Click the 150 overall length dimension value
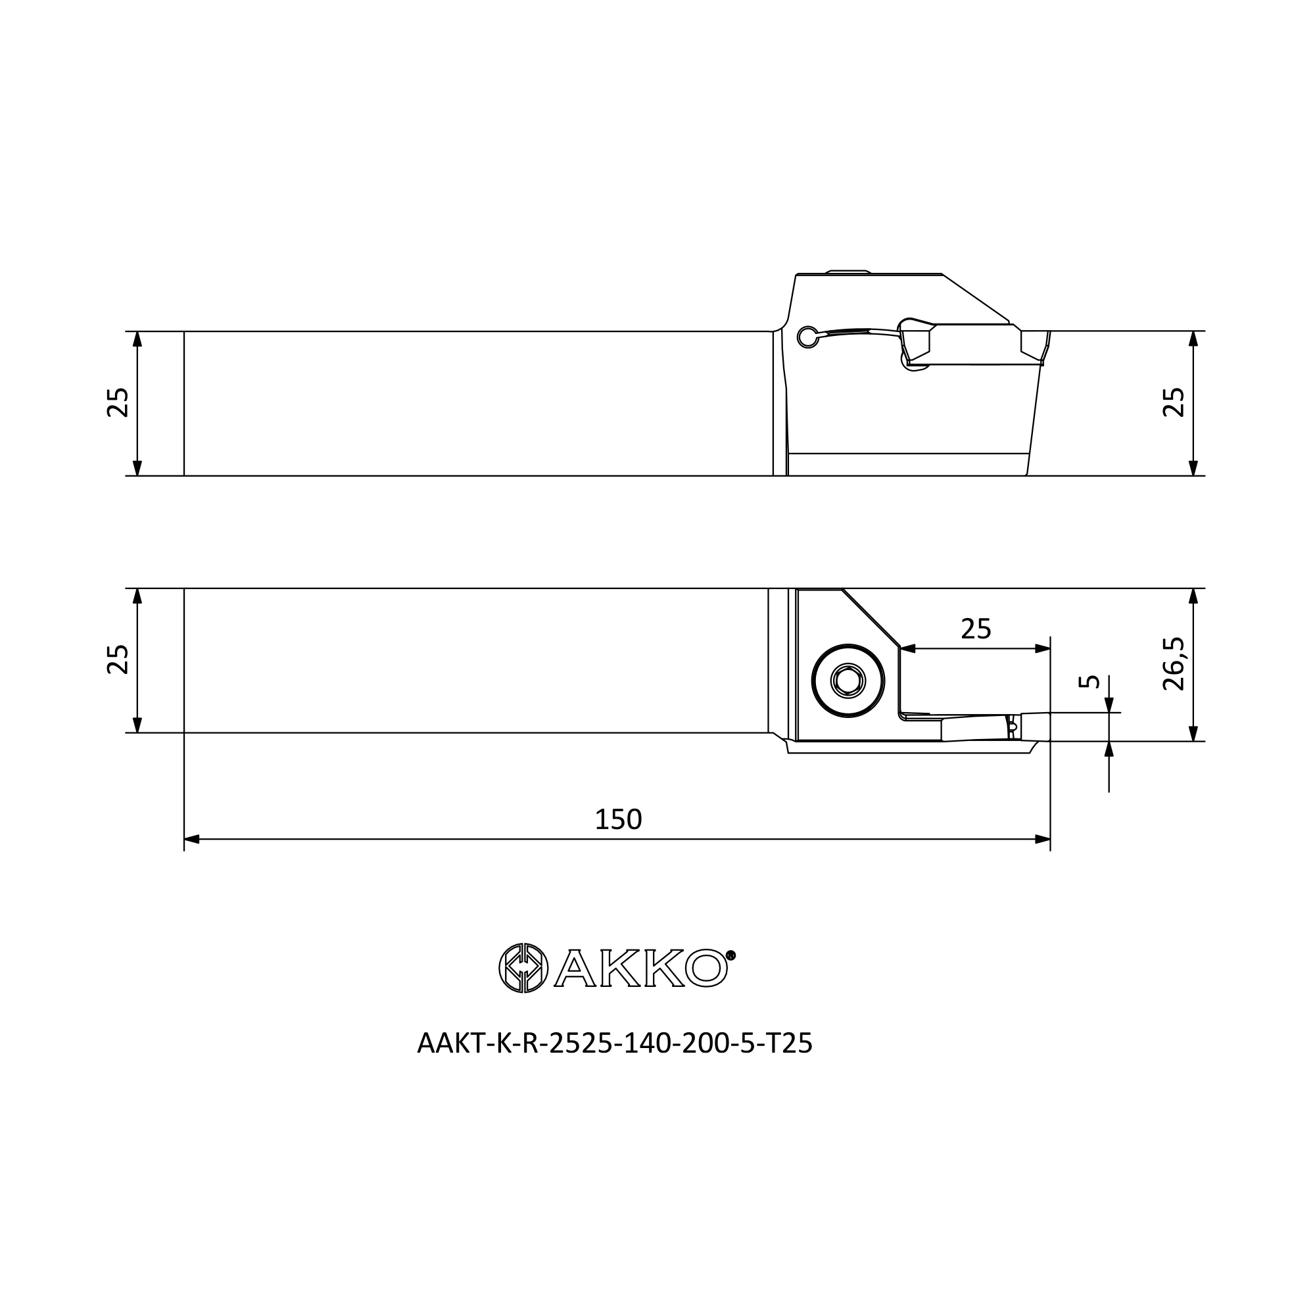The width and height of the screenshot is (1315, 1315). click(x=618, y=820)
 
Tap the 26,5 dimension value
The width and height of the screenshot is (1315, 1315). click(x=1174, y=664)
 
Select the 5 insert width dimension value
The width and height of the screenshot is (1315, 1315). click(x=1089, y=681)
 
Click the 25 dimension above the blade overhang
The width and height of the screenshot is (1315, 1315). click(x=976, y=629)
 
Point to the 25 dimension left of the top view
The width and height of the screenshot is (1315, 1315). click(x=118, y=402)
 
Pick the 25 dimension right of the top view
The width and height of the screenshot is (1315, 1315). click(x=1174, y=402)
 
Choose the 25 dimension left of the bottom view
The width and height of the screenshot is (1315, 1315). click(x=118, y=659)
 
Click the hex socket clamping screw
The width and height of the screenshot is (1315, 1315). click(x=848, y=681)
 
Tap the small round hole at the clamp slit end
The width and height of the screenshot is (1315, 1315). click(x=807, y=336)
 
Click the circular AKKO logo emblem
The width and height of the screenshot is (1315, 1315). click(x=523, y=968)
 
